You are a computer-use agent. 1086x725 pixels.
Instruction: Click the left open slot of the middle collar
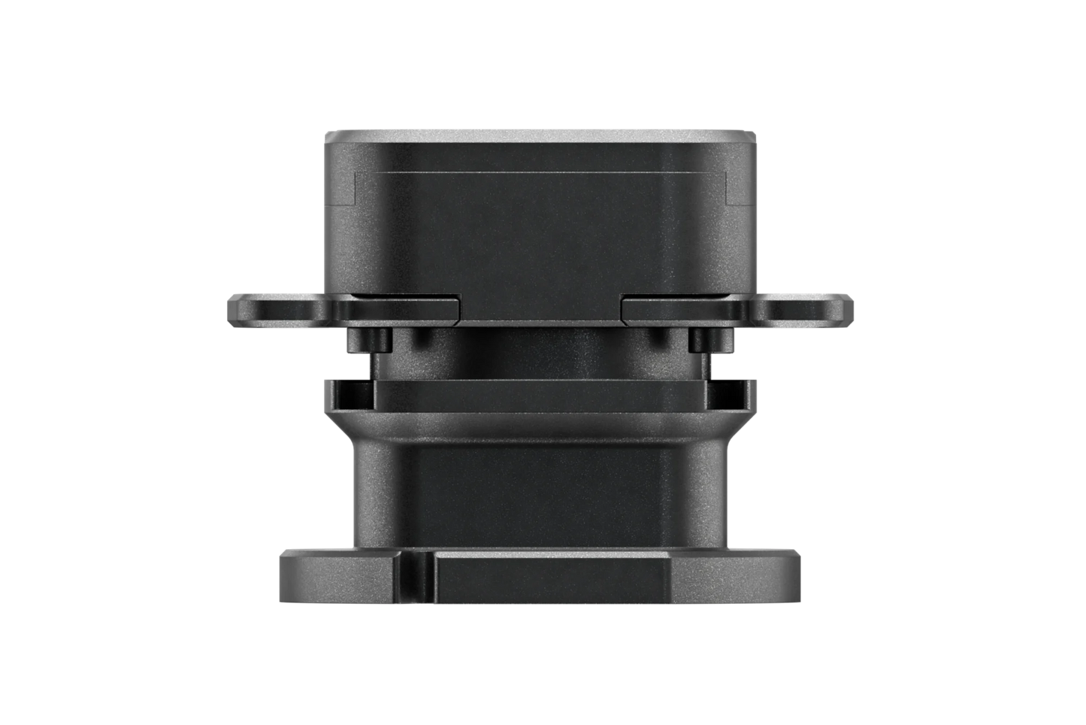[x=350, y=386]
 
